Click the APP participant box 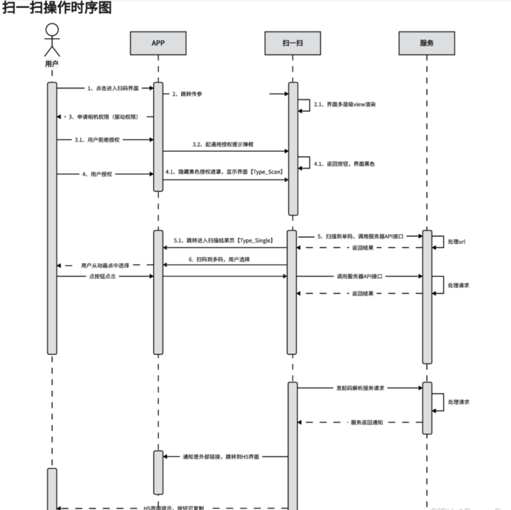pos(158,43)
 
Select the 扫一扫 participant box pos(292,43)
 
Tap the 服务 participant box pos(427,43)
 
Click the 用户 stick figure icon pos(52,40)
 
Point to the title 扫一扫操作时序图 pos(57,8)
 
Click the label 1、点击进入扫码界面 pos(113,88)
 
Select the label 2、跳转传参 pos(187,94)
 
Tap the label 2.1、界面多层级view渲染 pos(344,104)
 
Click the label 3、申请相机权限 pos(103,117)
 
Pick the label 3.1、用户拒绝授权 pos(97,139)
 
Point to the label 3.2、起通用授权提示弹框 pos(223,145)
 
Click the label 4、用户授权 pos(97,174)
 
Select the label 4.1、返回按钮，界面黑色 pos(344,164)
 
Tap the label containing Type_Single pos(224,240)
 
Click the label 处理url pos(456,242)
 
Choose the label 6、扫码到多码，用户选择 pos(219,259)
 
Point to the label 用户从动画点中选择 pos(105,265)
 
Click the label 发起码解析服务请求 pos(360,388)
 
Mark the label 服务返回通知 pos(367,422)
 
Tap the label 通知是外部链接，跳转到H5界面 pos(221,457)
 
